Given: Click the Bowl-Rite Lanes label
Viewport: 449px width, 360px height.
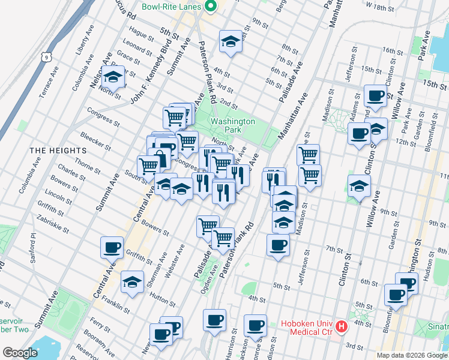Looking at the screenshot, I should click(x=170, y=8).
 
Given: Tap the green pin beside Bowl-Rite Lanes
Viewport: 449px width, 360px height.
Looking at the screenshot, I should click(x=210, y=7).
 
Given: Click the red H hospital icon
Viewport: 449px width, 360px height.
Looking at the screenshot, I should click(x=342, y=327).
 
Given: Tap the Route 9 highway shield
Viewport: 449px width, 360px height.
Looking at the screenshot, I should click(x=46, y=57).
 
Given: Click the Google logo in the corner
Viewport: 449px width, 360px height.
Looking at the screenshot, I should click(x=20, y=353).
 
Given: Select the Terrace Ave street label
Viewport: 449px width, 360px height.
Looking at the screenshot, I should click(x=49, y=82).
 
